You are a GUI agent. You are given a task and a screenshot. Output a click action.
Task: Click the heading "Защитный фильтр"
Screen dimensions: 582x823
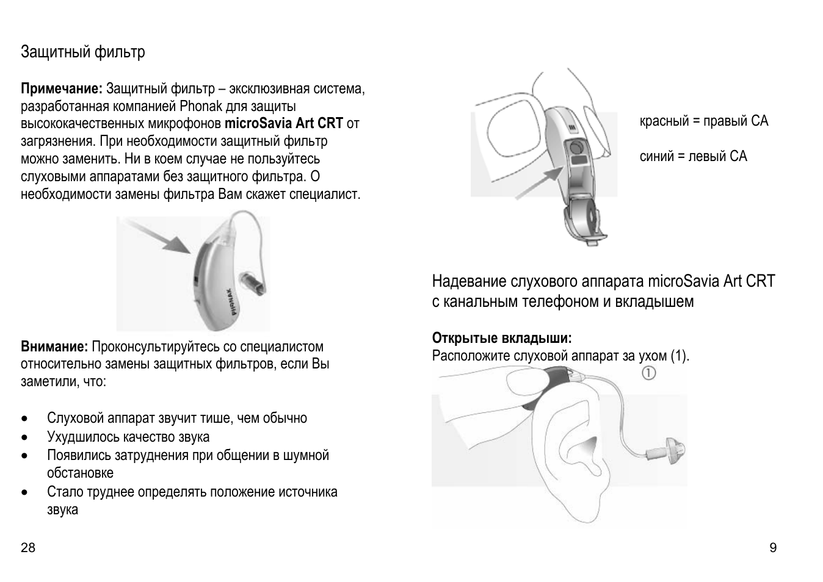(83, 52)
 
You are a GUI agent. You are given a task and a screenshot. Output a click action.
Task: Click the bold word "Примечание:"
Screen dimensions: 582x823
(62, 89)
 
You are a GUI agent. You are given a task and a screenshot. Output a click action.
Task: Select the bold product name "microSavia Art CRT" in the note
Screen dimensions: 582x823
(283, 123)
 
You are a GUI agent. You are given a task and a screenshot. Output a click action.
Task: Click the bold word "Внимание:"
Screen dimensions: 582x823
(54, 347)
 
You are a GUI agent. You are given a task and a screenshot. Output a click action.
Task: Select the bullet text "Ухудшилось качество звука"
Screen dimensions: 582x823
(128, 437)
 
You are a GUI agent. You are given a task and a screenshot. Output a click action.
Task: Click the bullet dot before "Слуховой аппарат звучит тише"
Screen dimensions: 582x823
(24, 419)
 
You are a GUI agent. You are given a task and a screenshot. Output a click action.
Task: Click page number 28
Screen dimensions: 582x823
(28, 547)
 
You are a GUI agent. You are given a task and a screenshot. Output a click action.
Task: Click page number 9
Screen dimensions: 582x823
(773, 547)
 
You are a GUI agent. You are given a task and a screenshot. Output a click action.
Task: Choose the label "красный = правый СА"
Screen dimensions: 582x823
(703, 121)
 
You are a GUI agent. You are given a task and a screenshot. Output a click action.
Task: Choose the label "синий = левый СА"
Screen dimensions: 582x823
(693, 156)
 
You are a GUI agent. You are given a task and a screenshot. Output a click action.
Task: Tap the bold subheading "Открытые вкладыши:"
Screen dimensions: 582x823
(501, 338)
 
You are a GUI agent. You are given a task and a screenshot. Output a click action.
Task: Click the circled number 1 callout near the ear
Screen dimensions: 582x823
(648, 372)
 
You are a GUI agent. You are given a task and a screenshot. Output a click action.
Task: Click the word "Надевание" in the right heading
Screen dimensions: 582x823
(469, 281)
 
